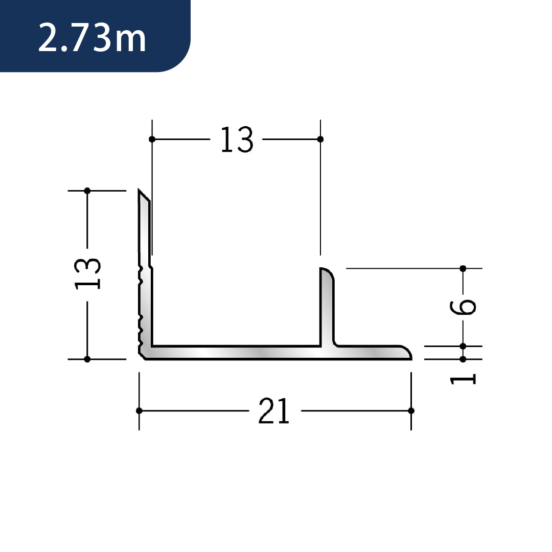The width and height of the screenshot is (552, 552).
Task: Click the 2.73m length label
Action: tap(92, 38)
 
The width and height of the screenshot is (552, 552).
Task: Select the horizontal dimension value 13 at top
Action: tap(237, 140)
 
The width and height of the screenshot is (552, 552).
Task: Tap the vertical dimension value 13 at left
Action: tap(88, 274)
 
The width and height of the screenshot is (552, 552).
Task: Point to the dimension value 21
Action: tap(274, 410)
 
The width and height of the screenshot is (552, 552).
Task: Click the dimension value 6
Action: tap(463, 307)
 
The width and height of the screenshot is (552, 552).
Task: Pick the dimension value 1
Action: tap(463, 379)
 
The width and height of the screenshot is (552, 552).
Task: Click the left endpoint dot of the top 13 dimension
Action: tap(152, 140)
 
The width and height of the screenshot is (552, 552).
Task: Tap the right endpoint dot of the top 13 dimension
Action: tap(320, 140)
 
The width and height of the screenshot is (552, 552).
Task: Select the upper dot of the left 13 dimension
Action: tap(87, 191)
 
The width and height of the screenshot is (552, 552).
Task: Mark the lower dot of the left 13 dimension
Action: tap(87, 359)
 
